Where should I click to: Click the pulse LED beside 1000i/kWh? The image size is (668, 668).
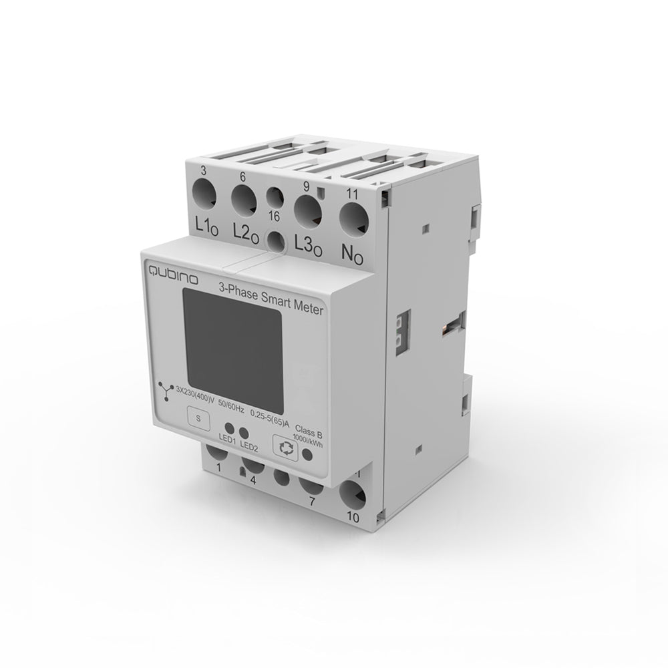coord(307,454)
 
